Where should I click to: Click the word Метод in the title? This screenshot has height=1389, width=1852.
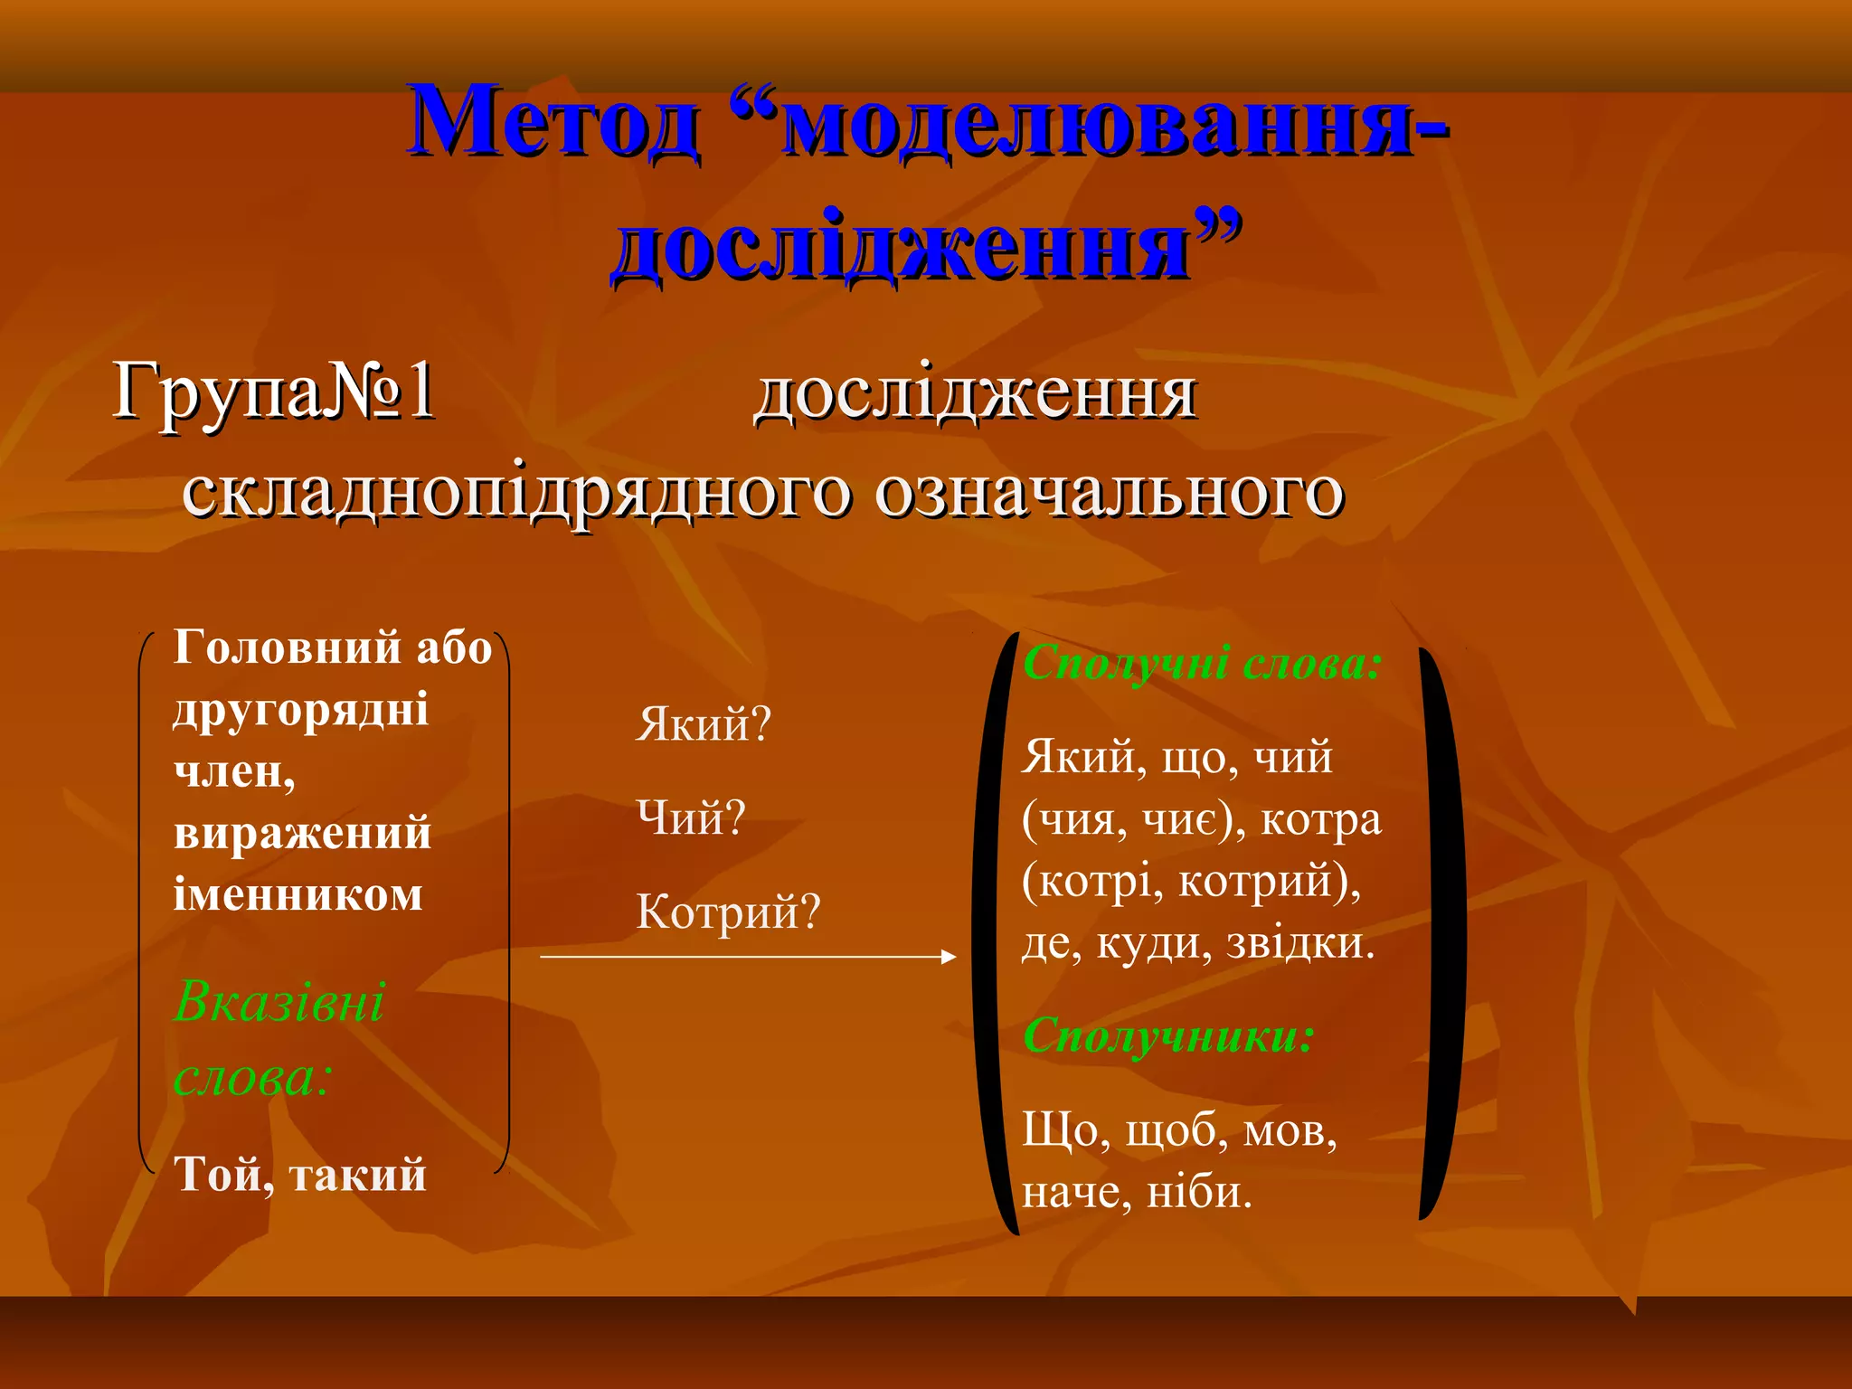coord(553,122)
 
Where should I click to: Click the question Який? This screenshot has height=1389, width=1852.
coord(704,724)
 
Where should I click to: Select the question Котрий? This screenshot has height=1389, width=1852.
coord(728,912)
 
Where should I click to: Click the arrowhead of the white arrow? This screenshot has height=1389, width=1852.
coord(949,957)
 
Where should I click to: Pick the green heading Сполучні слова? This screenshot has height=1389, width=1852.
coord(1202,663)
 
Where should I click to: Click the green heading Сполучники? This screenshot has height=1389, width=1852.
coord(1167,1035)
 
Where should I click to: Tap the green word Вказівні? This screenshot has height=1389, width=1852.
coord(279,1002)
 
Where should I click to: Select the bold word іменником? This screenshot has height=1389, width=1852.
coord(298,895)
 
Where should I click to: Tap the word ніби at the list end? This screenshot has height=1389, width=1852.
coord(1199,1193)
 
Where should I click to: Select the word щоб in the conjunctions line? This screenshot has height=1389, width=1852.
coord(1176,1131)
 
